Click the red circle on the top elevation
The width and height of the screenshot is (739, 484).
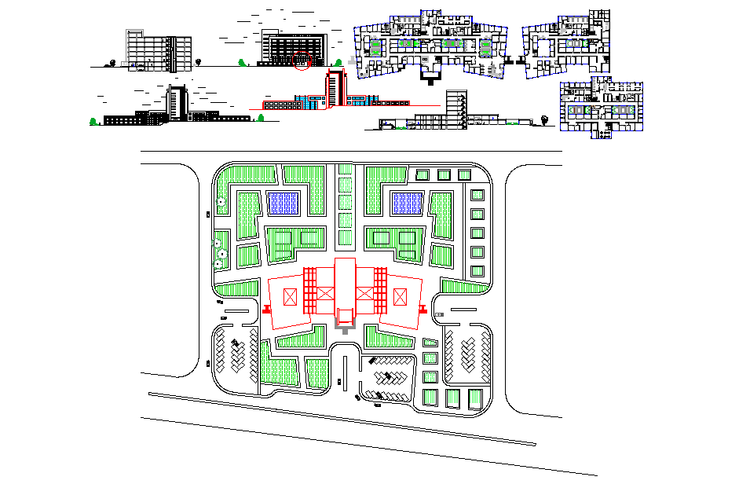pyautogui.click(x=302, y=60)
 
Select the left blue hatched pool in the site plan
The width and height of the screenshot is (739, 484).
pyautogui.click(x=284, y=203)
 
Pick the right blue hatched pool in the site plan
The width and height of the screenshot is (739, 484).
pyautogui.click(x=408, y=203)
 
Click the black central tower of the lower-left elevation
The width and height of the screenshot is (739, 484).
pyautogui.click(x=175, y=102)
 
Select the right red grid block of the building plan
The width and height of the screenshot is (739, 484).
pyautogui.click(x=380, y=290)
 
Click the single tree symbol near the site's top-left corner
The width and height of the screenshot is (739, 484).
pyautogui.click(x=221, y=202)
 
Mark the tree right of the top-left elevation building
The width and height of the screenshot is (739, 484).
pyautogui.click(x=199, y=60)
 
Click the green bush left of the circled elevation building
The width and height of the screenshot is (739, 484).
pyautogui.click(x=240, y=60)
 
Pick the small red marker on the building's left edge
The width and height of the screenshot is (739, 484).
pyautogui.click(x=265, y=310)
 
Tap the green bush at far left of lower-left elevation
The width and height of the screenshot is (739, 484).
pyautogui.click(x=94, y=121)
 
